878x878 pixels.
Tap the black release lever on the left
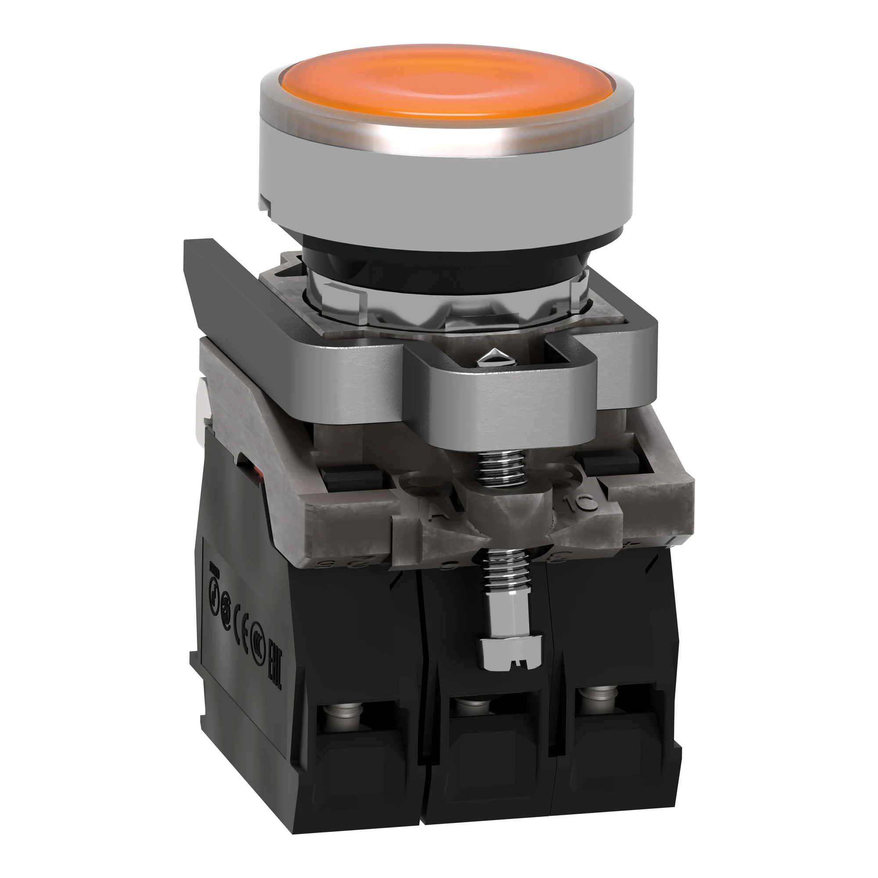[214, 291]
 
